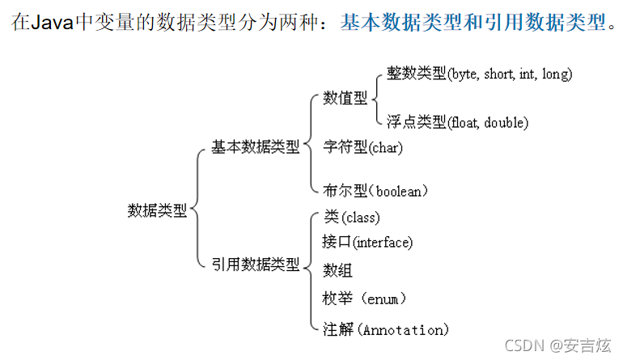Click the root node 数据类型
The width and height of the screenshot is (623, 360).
click(157, 210)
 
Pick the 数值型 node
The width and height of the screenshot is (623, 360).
click(345, 98)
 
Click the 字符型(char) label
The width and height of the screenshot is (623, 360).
click(362, 147)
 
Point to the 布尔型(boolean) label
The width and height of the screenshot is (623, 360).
click(375, 191)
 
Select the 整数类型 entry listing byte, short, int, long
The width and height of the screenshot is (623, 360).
click(479, 74)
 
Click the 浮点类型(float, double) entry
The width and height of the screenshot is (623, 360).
click(457, 122)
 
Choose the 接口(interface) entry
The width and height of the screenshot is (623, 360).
click(367, 242)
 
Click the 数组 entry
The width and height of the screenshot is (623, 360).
click(337, 270)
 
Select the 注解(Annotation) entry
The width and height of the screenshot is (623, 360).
click(384, 329)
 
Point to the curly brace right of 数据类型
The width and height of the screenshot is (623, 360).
click(197, 209)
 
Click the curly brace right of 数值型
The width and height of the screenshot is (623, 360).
click(376, 98)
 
